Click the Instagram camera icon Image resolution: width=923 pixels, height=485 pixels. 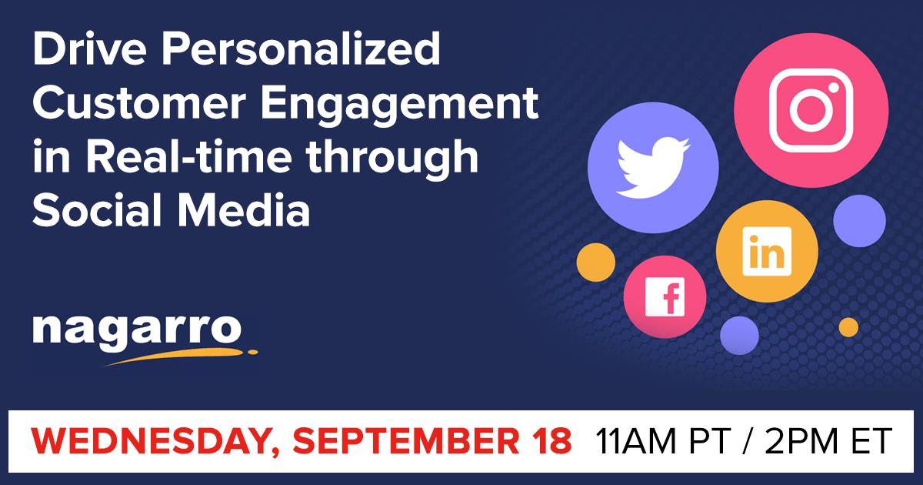[x=811, y=111]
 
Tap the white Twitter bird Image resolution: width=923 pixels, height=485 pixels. [x=653, y=169]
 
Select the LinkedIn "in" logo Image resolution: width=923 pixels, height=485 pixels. [x=767, y=251]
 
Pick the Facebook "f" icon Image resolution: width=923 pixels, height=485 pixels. [x=665, y=297]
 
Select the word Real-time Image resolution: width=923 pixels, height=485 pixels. [x=189, y=157]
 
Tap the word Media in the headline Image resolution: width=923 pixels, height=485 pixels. [x=243, y=209]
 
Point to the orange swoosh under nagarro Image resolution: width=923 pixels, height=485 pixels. [x=180, y=356]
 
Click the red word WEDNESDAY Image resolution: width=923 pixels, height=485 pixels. [x=149, y=441]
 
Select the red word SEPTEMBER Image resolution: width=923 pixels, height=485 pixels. [x=406, y=441]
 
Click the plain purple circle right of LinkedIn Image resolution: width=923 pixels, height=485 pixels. [x=859, y=221]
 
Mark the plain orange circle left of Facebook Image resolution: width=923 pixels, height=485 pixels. [x=596, y=263]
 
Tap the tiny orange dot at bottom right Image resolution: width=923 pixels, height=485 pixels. [x=848, y=327]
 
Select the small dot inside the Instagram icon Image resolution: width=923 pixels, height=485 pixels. [x=834, y=88]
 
